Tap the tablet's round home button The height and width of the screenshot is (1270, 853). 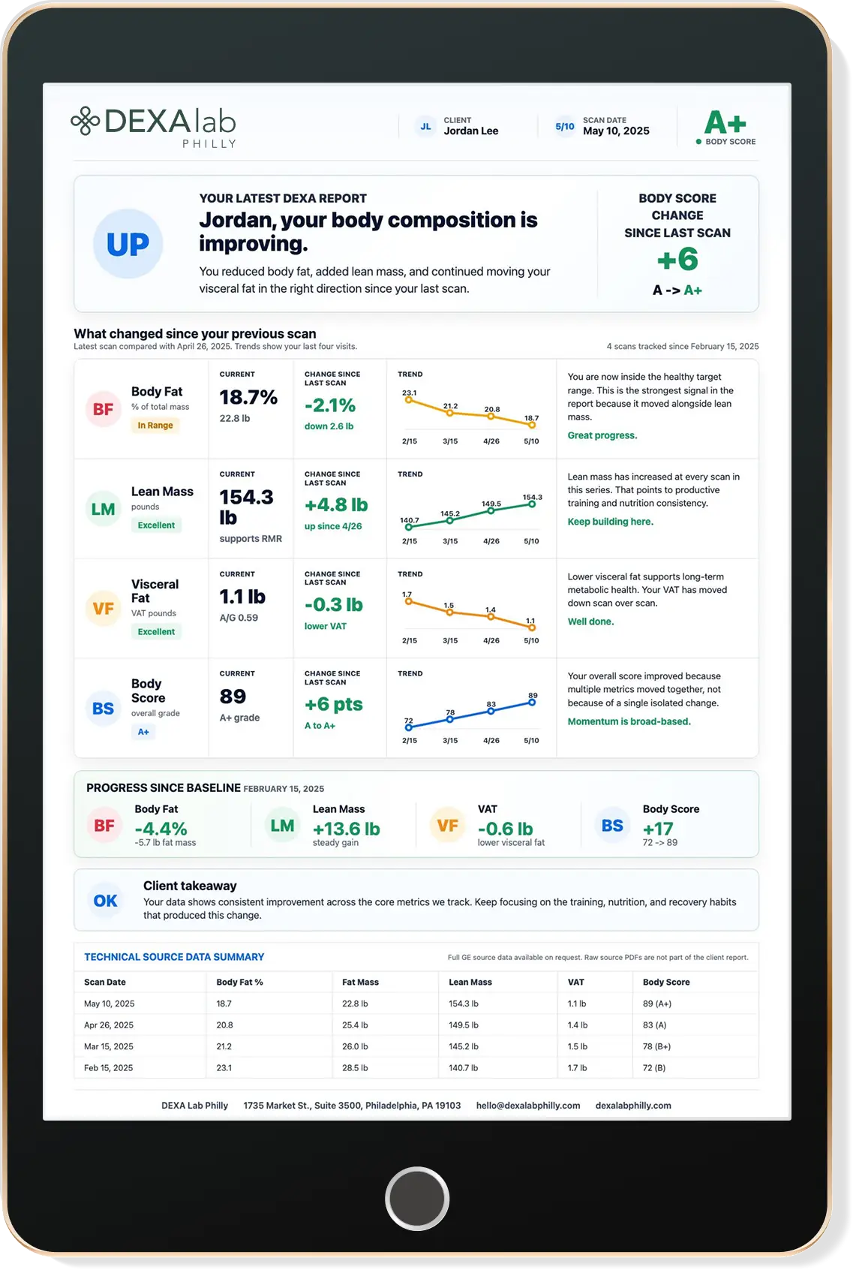click(417, 1199)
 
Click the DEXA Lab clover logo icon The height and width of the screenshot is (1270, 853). click(85, 121)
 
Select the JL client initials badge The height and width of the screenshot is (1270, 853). click(425, 126)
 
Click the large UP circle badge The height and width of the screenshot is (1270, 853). click(128, 244)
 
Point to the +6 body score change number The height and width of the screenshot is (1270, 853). click(677, 259)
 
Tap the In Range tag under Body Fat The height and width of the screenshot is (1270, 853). click(155, 426)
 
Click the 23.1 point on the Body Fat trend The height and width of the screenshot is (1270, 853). click(408, 400)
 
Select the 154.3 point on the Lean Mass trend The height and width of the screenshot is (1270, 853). click(532, 504)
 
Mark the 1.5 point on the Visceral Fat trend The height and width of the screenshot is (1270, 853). click(449, 612)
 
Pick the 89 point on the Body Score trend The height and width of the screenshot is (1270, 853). click(532, 703)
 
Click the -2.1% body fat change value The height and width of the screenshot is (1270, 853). click(330, 405)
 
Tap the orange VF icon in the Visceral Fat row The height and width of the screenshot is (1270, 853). click(103, 608)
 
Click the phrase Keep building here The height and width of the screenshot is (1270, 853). click(611, 522)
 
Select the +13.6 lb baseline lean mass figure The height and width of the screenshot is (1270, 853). click(347, 829)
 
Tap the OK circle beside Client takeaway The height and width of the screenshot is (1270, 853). click(106, 901)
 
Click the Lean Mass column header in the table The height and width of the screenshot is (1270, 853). click(470, 982)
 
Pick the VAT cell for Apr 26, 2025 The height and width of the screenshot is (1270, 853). click(578, 1025)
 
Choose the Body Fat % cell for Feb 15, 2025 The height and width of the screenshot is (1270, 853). click(224, 1067)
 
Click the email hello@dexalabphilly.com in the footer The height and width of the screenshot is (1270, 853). click(528, 1106)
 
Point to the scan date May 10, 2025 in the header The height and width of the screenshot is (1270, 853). click(616, 131)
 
